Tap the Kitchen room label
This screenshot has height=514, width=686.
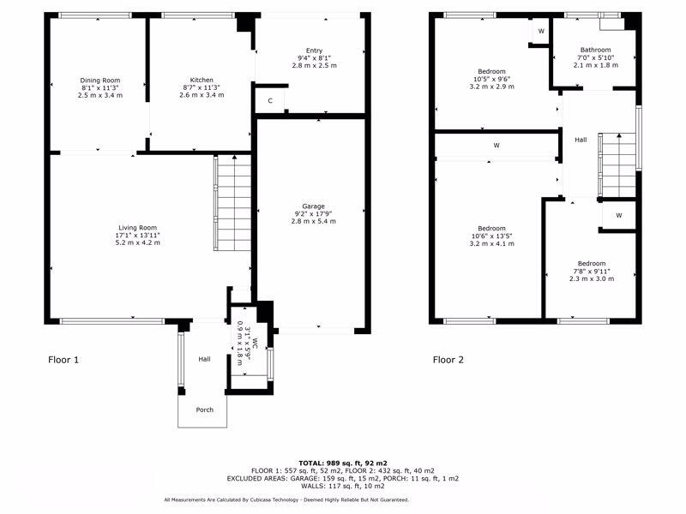(x=202, y=80)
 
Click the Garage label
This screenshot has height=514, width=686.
(x=313, y=206)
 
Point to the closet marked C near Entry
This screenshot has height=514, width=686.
(x=270, y=101)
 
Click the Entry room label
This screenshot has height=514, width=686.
(x=314, y=51)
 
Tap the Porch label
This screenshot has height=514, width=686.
(x=204, y=409)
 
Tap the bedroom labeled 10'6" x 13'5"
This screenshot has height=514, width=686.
(x=491, y=236)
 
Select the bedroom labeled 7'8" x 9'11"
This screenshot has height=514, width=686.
(x=592, y=271)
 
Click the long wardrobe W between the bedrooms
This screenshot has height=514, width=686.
(x=496, y=146)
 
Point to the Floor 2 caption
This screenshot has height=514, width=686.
(x=448, y=360)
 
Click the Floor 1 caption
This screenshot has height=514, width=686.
(x=63, y=360)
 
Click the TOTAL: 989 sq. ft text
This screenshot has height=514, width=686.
(x=342, y=462)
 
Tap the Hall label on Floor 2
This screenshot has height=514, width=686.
(x=581, y=140)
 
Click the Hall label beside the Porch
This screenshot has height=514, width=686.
(x=204, y=359)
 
